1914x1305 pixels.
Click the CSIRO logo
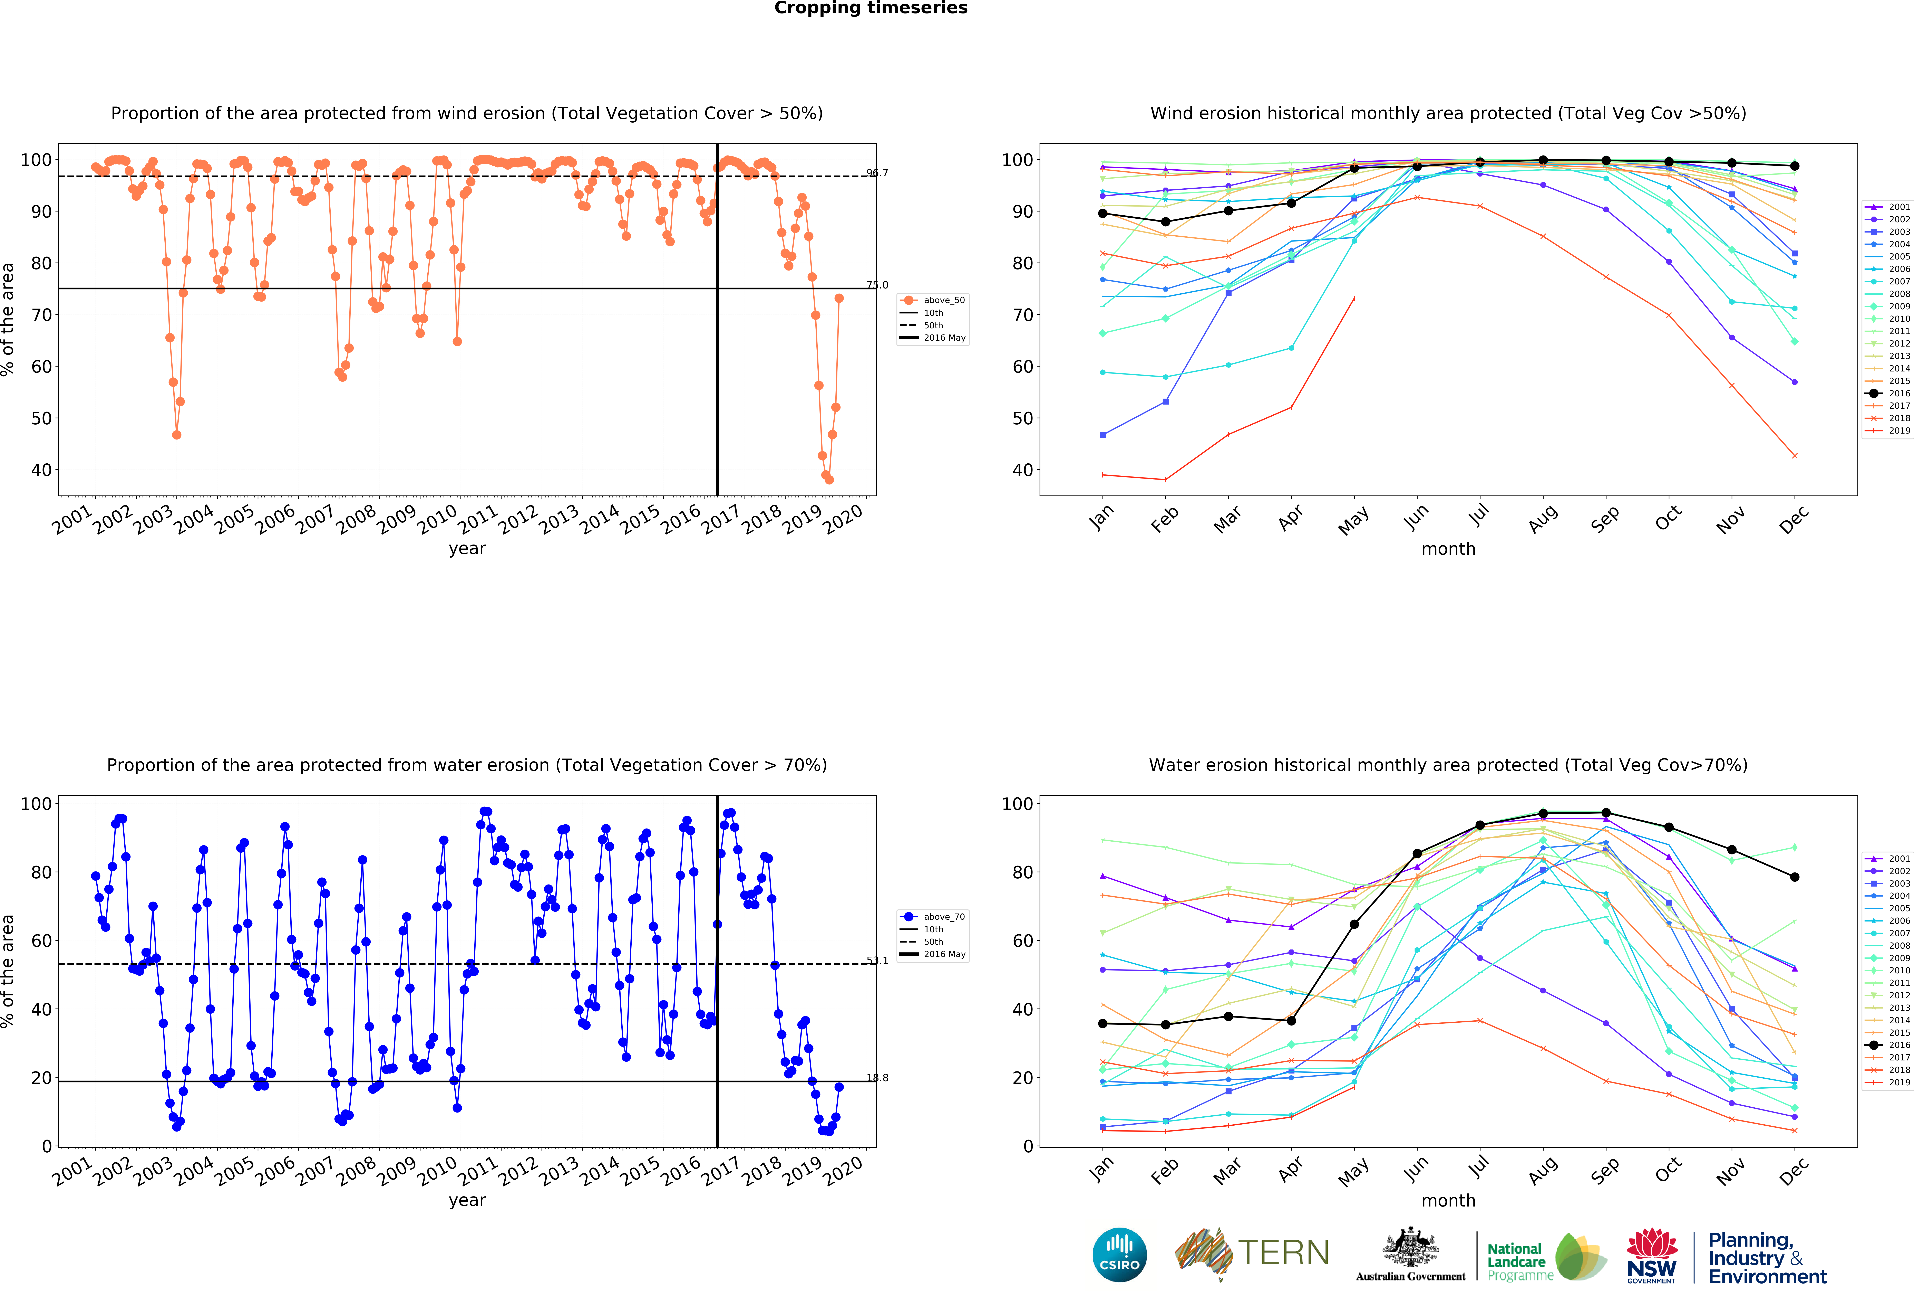click(x=1119, y=1255)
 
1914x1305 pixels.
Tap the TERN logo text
click(x=1283, y=1253)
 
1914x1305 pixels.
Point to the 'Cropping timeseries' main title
click(x=871, y=8)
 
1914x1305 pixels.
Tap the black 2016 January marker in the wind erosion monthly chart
click(x=1103, y=213)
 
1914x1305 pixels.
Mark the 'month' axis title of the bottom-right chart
click(x=1448, y=1200)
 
